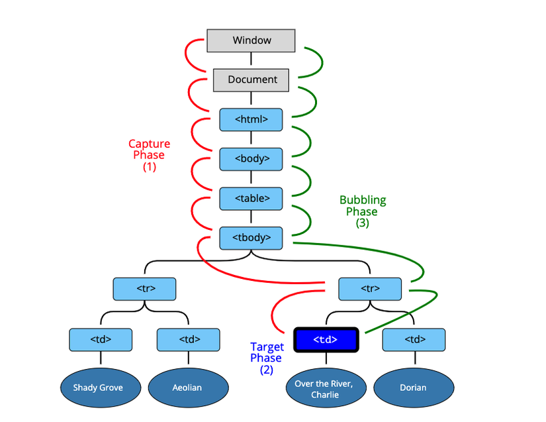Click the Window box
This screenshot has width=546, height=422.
point(251,40)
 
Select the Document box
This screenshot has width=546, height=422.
point(251,79)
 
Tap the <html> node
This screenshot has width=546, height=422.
point(251,119)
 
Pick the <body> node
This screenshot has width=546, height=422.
point(251,159)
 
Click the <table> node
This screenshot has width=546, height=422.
point(251,198)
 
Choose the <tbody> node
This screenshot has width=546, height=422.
point(251,237)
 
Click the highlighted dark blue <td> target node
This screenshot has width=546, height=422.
point(325,340)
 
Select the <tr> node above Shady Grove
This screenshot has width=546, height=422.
point(144,288)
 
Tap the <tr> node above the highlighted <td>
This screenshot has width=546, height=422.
point(369,288)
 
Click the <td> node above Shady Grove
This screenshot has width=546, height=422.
point(100,340)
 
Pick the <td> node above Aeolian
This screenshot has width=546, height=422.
point(188,340)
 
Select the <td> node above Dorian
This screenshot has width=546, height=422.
point(414,340)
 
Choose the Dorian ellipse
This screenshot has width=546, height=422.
point(414,388)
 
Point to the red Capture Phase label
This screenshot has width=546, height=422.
point(149,149)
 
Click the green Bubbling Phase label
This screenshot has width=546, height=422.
point(363,205)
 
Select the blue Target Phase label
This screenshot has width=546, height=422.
point(267,352)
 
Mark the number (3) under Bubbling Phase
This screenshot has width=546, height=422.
point(362,223)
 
